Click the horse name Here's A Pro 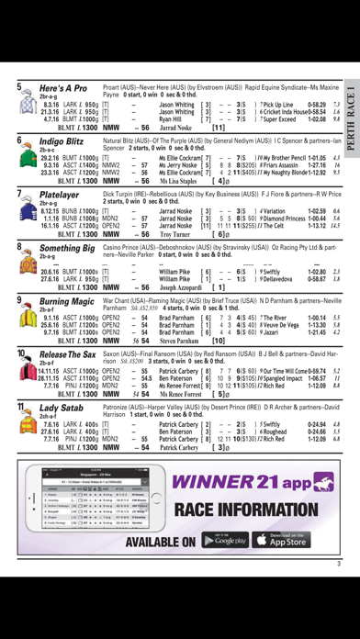click(x=63, y=88)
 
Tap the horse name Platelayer click(x=60, y=196)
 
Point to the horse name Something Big click(x=67, y=248)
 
